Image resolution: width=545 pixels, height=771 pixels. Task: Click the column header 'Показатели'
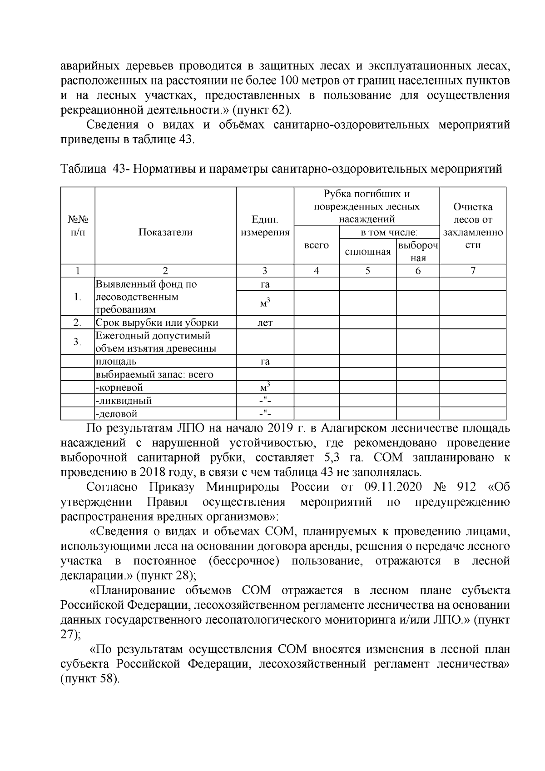pyautogui.click(x=165, y=232)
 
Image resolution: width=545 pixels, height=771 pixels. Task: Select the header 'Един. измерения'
pyautogui.click(x=265, y=226)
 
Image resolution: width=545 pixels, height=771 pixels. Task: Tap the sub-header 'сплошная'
pyautogui.click(x=368, y=252)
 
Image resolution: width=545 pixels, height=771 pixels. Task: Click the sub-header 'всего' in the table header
pyautogui.click(x=316, y=245)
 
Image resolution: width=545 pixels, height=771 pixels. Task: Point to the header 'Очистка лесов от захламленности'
pyautogui.click(x=473, y=226)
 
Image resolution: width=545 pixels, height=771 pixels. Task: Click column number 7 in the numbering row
pyautogui.click(x=473, y=271)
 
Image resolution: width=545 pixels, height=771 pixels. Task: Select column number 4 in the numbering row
pyautogui.click(x=316, y=271)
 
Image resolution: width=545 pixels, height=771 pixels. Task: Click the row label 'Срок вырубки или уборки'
pyautogui.click(x=157, y=323)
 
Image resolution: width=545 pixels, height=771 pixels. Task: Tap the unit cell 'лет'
pyautogui.click(x=265, y=323)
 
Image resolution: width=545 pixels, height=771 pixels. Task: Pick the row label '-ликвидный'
pyautogui.click(x=124, y=401)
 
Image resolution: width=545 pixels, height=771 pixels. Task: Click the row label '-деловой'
pyautogui.click(x=116, y=414)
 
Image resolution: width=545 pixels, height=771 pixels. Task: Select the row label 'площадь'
pyautogui.click(x=116, y=362)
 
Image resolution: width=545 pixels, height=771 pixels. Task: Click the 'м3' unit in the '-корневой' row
pyautogui.click(x=265, y=388)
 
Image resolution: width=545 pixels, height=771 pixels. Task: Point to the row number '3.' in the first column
pyautogui.click(x=78, y=342)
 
